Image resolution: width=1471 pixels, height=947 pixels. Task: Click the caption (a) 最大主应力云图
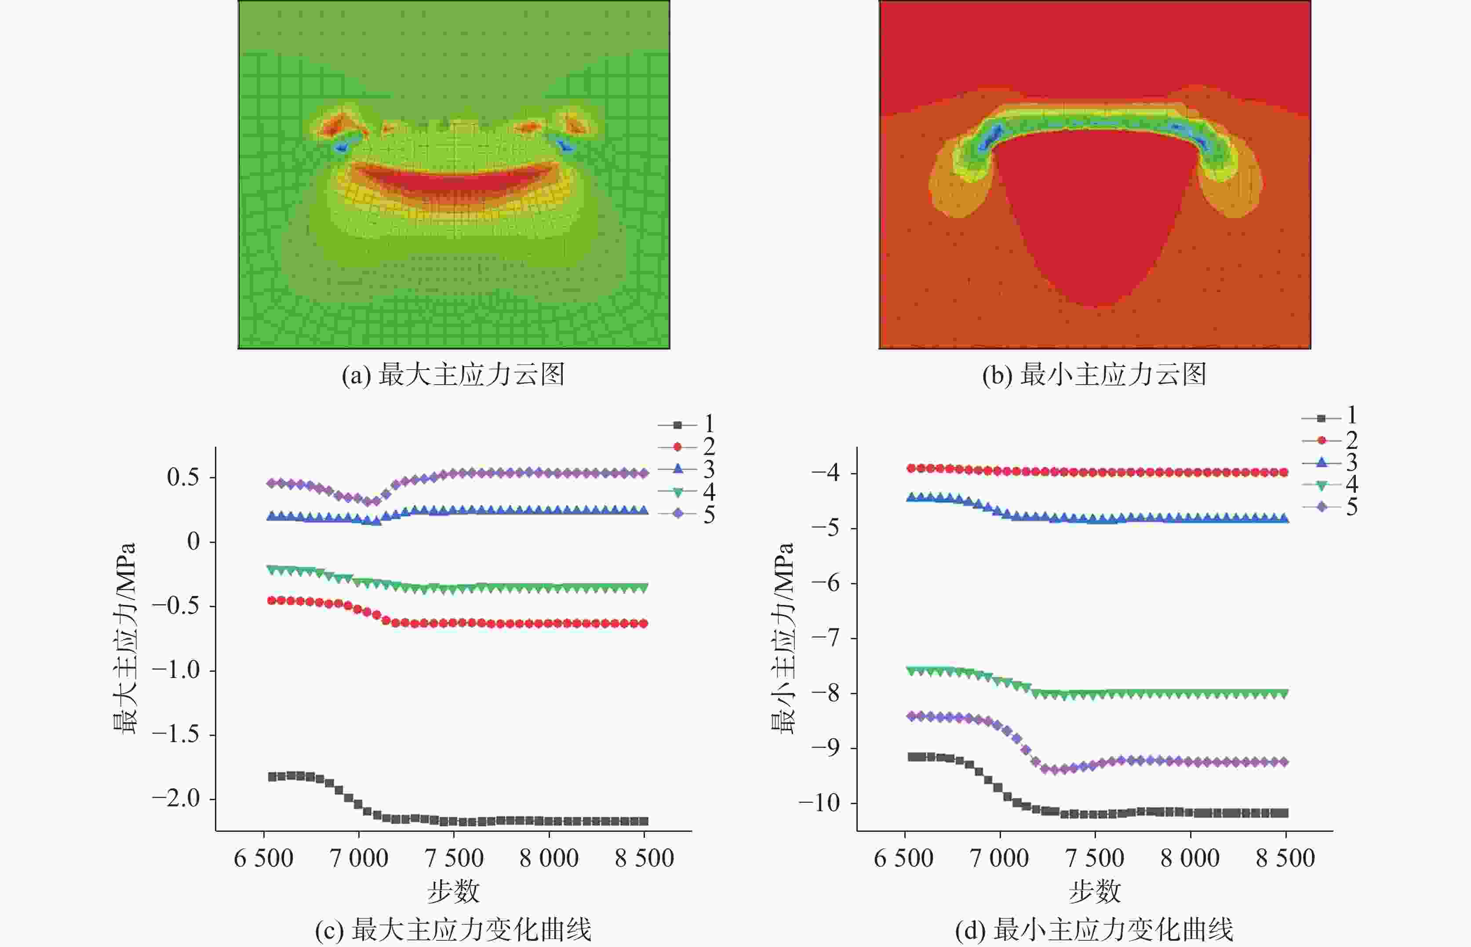click(x=453, y=375)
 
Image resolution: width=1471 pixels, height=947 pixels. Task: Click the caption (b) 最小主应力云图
click(x=1094, y=375)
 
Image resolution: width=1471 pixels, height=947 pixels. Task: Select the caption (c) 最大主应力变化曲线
click(x=453, y=930)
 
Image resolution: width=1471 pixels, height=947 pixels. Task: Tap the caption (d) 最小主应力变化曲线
click(x=1094, y=930)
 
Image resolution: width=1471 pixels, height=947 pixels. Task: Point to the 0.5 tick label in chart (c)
click(x=183, y=477)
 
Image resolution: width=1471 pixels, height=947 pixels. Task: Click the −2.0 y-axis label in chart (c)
click(x=176, y=799)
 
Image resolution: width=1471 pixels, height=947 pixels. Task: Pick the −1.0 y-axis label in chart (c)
click(x=176, y=670)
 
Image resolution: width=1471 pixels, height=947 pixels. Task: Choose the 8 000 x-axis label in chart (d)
click(x=1190, y=858)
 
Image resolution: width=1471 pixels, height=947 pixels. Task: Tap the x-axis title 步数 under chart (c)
click(x=453, y=891)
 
